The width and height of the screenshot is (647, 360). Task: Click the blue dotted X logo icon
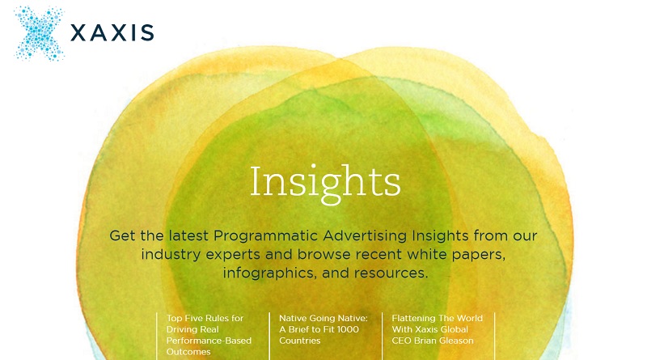click(x=39, y=33)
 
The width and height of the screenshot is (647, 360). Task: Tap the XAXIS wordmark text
click(x=112, y=32)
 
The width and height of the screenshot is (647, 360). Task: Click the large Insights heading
click(x=325, y=183)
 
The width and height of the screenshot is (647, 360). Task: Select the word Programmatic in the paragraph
click(x=266, y=235)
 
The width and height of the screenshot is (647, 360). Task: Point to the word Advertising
click(x=366, y=235)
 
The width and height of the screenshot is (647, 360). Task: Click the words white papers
click(x=456, y=254)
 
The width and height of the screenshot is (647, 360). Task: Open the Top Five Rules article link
click(x=209, y=335)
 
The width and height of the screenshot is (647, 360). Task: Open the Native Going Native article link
click(x=323, y=329)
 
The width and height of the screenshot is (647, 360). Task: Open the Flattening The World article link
click(x=437, y=329)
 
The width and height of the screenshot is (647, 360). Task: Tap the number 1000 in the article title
click(x=348, y=329)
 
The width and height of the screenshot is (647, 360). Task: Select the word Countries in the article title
click(x=299, y=341)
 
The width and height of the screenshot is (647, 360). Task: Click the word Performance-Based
click(x=209, y=341)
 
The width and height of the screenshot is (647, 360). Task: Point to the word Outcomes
click(x=188, y=352)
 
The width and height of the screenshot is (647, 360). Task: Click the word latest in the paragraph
click(x=188, y=235)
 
